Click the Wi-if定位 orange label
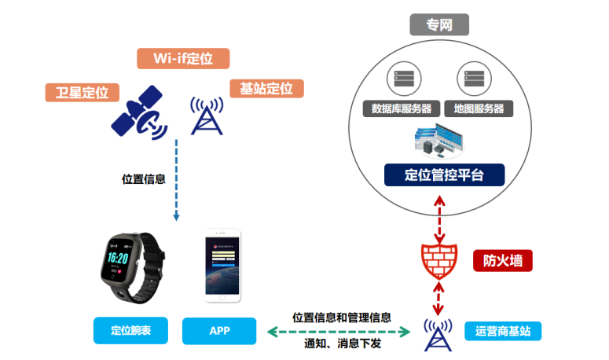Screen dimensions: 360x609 tap(182, 59)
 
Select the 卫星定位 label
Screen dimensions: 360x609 tap(82, 92)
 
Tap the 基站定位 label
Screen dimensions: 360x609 tap(266, 88)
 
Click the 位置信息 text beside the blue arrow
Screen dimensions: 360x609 tap(144, 178)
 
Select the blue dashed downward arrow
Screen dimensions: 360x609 tap(177, 180)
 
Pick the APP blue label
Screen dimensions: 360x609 tap(219, 331)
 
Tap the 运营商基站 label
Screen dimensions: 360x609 tap(503, 331)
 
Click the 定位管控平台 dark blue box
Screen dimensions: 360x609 tap(444, 174)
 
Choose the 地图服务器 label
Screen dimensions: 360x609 tap(474, 108)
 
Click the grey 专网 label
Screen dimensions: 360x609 tap(439, 25)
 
